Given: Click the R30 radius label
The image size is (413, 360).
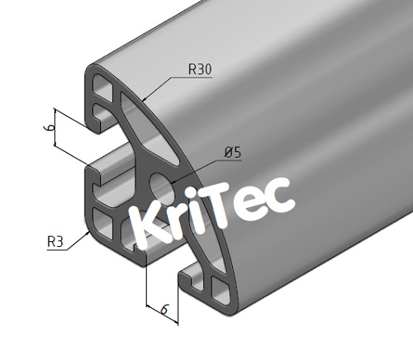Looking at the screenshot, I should click(x=200, y=70).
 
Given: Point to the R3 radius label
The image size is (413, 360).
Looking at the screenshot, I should click(x=55, y=242).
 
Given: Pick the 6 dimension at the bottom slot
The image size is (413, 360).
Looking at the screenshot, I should click(x=164, y=310).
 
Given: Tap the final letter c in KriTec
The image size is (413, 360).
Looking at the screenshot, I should click(x=280, y=193).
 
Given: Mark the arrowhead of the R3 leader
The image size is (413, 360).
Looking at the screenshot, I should click(x=90, y=233).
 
